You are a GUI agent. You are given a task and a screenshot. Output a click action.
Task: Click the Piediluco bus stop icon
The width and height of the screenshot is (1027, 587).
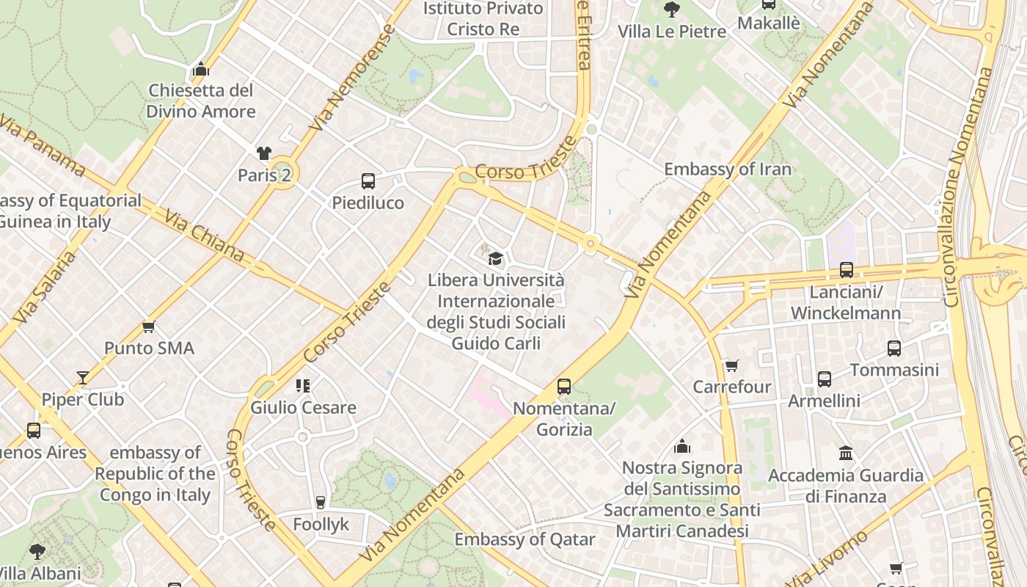point(368,181)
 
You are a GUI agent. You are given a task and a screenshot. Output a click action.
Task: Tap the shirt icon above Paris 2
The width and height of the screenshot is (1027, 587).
point(264,153)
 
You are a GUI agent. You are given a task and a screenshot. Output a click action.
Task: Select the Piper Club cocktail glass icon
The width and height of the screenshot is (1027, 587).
point(83,378)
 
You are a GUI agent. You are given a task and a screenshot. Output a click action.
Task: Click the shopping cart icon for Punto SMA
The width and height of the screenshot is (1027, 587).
point(149,327)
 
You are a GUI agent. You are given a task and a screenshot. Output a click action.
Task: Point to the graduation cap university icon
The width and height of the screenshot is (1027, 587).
point(496,258)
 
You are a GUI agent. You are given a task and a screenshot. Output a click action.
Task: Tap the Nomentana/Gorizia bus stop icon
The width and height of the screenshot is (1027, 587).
point(563,387)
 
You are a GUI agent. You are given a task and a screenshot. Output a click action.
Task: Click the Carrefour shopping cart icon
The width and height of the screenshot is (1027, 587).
point(731,365)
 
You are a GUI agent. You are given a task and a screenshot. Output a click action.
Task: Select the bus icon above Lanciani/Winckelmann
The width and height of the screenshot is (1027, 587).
point(847,270)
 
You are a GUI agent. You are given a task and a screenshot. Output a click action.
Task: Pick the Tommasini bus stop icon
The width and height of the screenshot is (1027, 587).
point(893,349)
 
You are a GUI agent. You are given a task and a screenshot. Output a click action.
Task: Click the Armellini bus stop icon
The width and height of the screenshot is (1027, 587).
point(825,379)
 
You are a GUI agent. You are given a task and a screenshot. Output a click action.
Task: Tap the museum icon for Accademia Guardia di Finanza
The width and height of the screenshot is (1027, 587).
point(846,453)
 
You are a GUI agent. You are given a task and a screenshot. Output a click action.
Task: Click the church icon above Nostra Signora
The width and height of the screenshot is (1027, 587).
point(682,446)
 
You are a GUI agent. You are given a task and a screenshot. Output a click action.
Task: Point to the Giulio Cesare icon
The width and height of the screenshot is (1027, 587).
point(303,386)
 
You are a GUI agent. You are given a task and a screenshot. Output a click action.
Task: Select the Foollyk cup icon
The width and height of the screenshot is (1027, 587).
point(320,503)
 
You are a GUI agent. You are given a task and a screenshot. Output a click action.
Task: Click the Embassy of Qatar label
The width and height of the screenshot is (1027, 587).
point(525,540)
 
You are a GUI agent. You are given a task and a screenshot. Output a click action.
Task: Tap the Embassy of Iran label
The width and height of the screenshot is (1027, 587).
point(728,169)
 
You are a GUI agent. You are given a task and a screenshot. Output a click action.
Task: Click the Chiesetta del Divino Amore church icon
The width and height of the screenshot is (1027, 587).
point(201,70)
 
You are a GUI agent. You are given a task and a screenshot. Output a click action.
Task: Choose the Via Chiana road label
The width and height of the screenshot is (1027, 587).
point(204,236)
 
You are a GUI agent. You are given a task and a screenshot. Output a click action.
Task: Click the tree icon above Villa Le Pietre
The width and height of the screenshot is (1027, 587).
point(671,10)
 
